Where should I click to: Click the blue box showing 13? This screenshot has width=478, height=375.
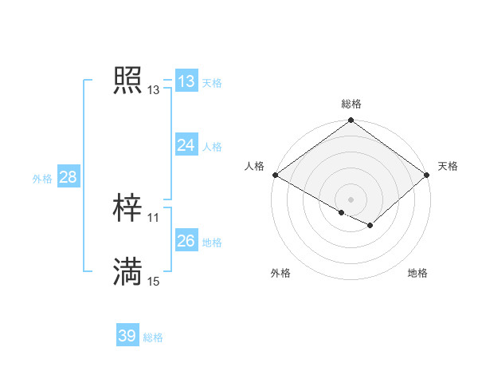186,81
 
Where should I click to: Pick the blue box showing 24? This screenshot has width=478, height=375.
186,144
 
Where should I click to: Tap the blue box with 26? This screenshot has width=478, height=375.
186,240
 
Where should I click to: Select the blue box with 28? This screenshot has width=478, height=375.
68,177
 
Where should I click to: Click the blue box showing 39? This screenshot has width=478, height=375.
127,336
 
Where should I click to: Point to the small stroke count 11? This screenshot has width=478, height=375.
154,218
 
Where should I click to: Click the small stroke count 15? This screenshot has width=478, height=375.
154,282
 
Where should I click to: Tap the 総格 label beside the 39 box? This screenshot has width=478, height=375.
153,337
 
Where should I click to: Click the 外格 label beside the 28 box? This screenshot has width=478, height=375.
42,179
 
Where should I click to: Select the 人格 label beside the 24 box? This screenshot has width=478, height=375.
212,146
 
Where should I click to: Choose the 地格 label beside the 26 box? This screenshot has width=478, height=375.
212,242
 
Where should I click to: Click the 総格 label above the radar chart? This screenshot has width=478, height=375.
351,104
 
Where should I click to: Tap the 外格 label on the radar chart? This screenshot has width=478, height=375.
280,273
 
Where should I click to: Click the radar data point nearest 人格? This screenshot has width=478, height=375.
275,175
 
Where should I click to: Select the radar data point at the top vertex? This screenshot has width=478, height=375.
351,121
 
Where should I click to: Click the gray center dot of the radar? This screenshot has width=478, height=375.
351,199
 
